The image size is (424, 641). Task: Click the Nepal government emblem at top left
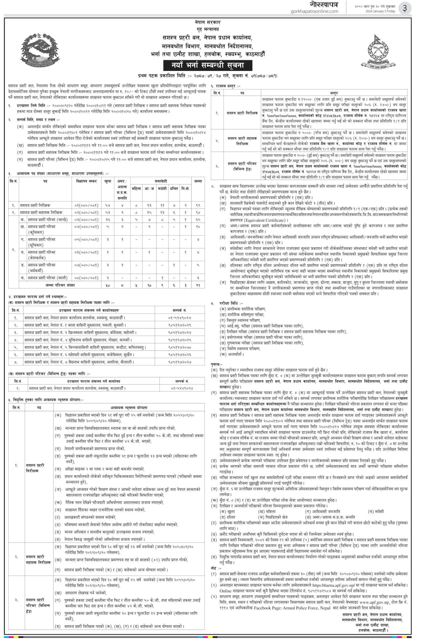(x=41, y=51)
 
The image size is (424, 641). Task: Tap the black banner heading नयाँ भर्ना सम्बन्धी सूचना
(x=207, y=65)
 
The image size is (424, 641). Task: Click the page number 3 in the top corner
(x=404, y=8)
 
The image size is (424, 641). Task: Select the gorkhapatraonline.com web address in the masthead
(x=315, y=11)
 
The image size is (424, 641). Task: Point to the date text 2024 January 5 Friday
(x=380, y=11)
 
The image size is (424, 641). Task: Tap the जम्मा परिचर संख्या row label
(x=60, y=285)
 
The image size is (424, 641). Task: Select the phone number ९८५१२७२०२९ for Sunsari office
(x=179, y=325)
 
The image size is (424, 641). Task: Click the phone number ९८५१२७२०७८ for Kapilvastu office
(x=179, y=347)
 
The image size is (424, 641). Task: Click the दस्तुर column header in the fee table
(x=334, y=93)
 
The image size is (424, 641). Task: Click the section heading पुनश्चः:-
(x=217, y=364)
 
